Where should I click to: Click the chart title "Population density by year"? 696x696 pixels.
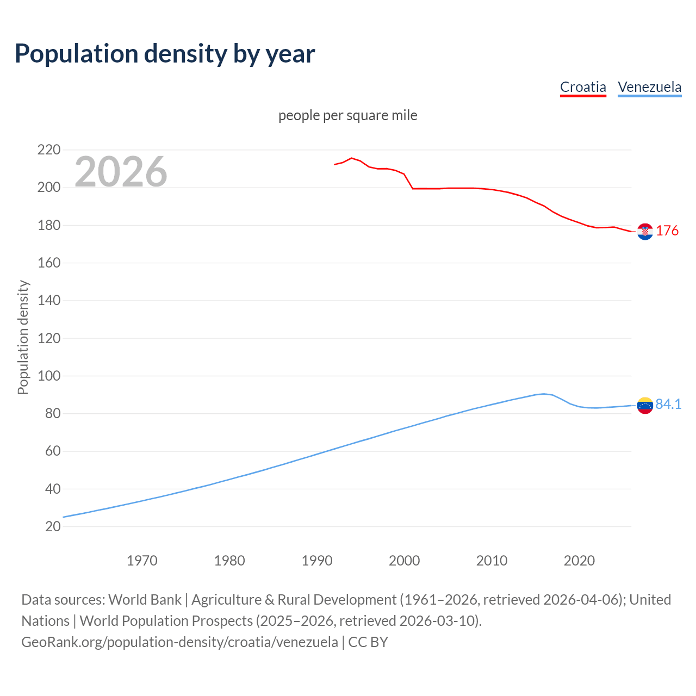(x=165, y=53)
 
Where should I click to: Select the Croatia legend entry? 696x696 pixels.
(x=583, y=87)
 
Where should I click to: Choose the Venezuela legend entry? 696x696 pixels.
(x=649, y=87)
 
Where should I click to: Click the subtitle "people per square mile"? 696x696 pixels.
(x=348, y=116)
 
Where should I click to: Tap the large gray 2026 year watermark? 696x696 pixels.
(x=121, y=172)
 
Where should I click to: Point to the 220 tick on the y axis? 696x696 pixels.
(x=49, y=150)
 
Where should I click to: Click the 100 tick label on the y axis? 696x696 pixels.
(x=49, y=376)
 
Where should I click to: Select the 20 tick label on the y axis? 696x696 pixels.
(x=53, y=526)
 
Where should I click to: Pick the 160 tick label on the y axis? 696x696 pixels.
(x=49, y=263)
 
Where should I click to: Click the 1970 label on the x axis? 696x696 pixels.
(x=142, y=561)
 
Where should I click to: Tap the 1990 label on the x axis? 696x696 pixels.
(x=317, y=561)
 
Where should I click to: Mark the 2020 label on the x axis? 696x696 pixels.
(x=579, y=561)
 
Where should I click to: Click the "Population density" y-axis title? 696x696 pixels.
(x=23, y=337)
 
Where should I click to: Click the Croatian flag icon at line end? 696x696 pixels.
(x=645, y=232)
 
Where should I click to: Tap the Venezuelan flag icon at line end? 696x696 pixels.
(x=645, y=405)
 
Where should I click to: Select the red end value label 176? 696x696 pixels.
(x=667, y=231)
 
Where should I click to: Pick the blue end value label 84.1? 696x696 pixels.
(x=668, y=404)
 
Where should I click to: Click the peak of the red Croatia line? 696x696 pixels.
(x=351, y=158)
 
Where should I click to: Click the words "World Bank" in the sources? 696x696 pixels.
(x=145, y=600)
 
